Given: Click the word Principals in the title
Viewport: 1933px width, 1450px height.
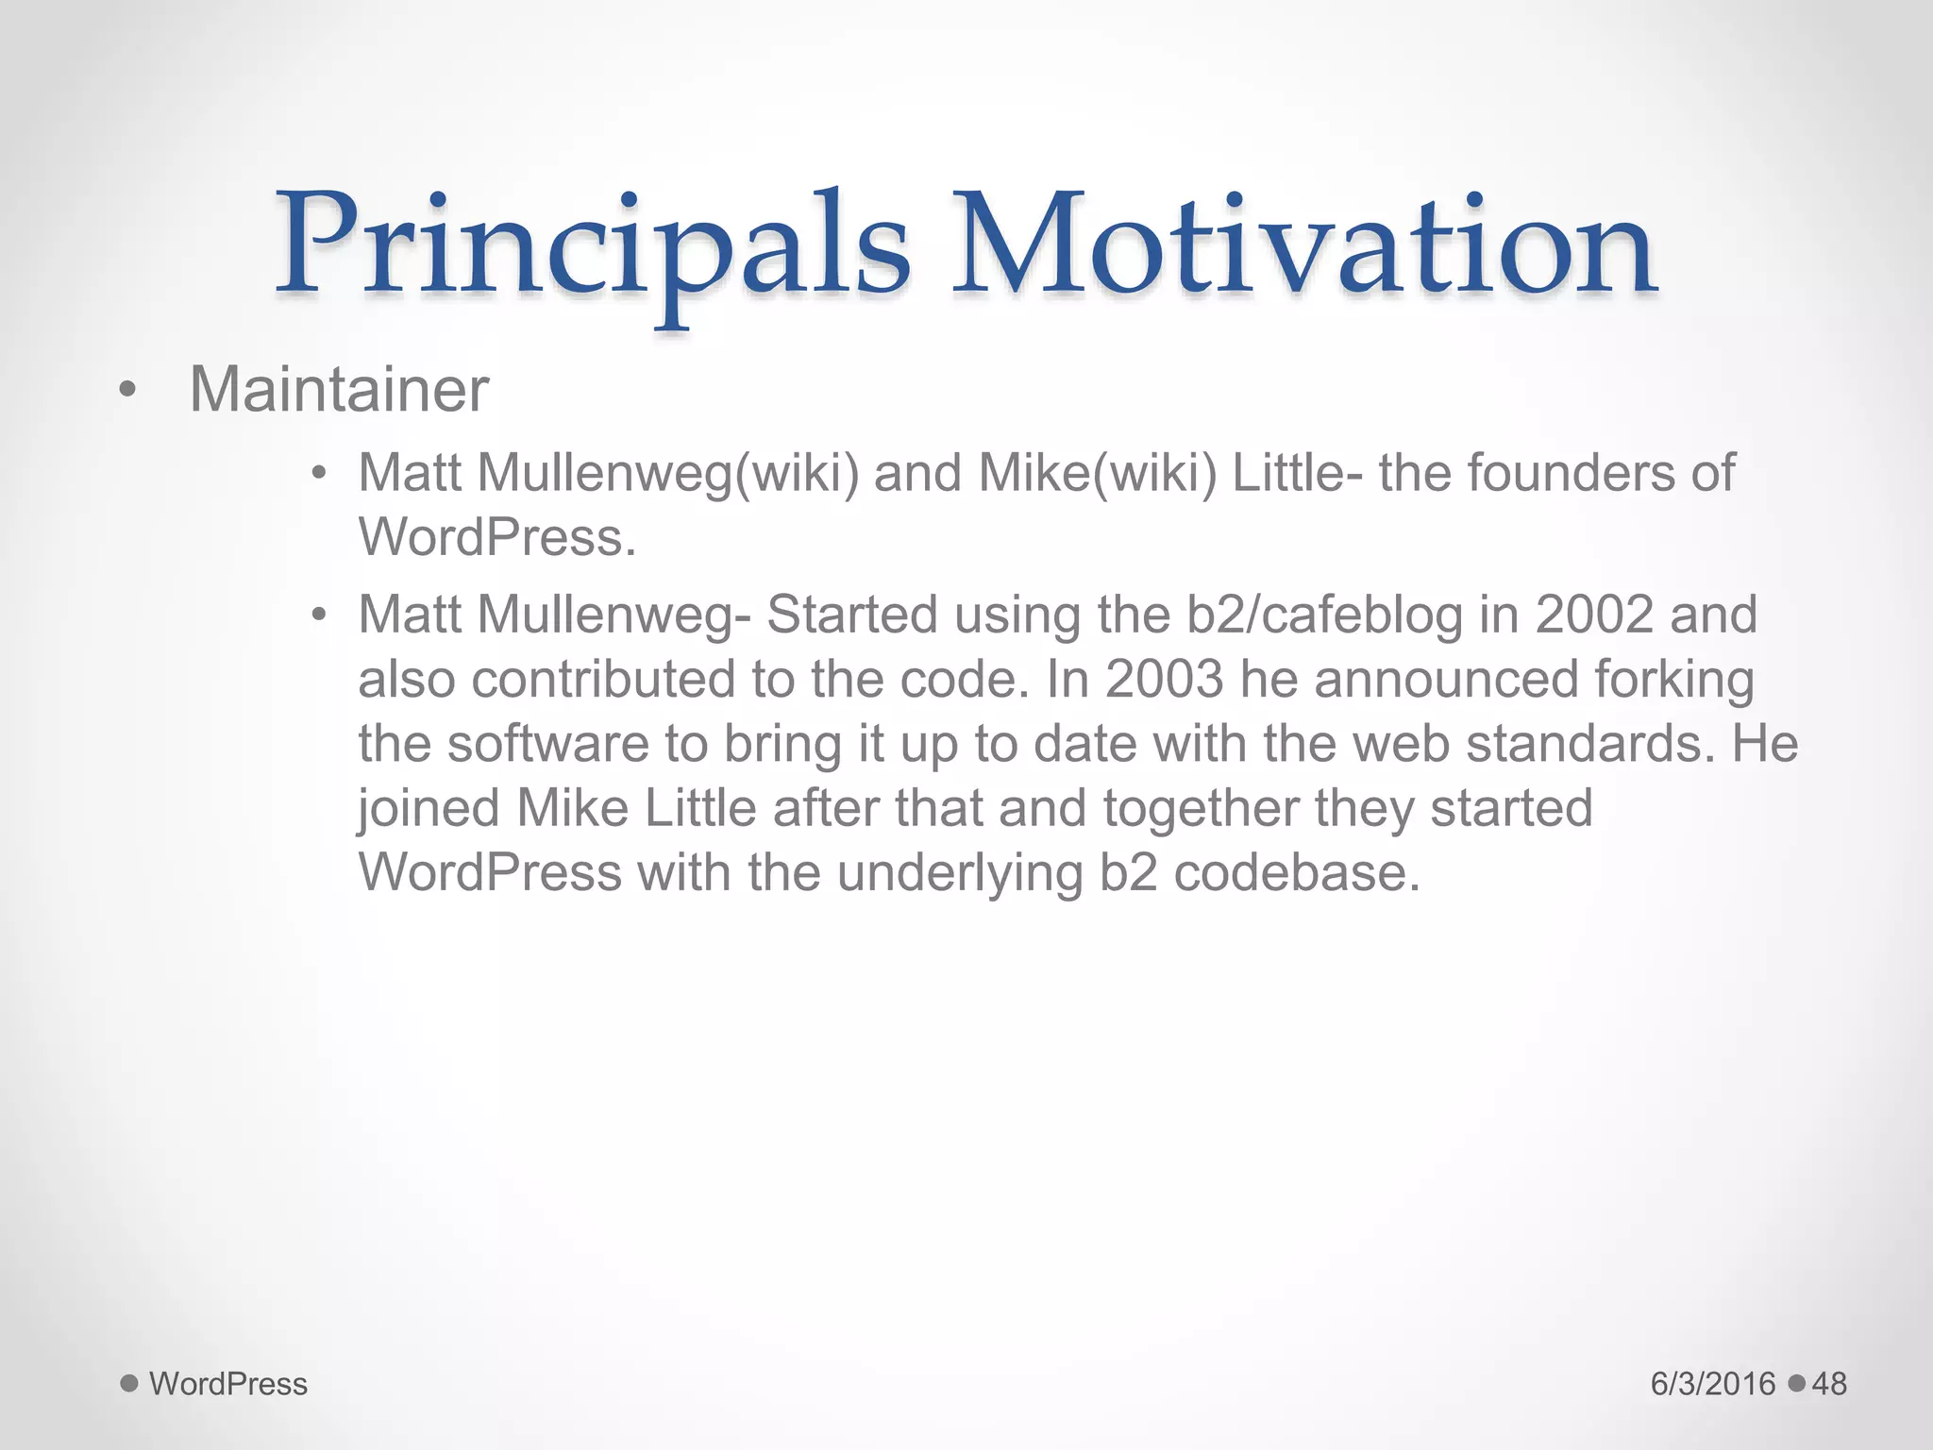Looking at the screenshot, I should [593, 247].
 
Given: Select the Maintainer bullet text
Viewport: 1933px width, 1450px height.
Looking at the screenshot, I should [339, 389].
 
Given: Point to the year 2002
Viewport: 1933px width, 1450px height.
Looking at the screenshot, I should [1594, 615].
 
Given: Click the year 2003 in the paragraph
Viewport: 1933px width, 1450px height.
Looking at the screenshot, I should [1164, 679].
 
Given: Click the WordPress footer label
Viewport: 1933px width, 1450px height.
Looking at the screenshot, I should [228, 1384].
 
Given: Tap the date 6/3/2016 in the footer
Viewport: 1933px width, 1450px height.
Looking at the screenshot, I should [1713, 1384].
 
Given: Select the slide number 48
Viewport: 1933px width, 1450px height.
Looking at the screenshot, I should [1829, 1384].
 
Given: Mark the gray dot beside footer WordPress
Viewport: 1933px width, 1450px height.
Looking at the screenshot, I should [130, 1384].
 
